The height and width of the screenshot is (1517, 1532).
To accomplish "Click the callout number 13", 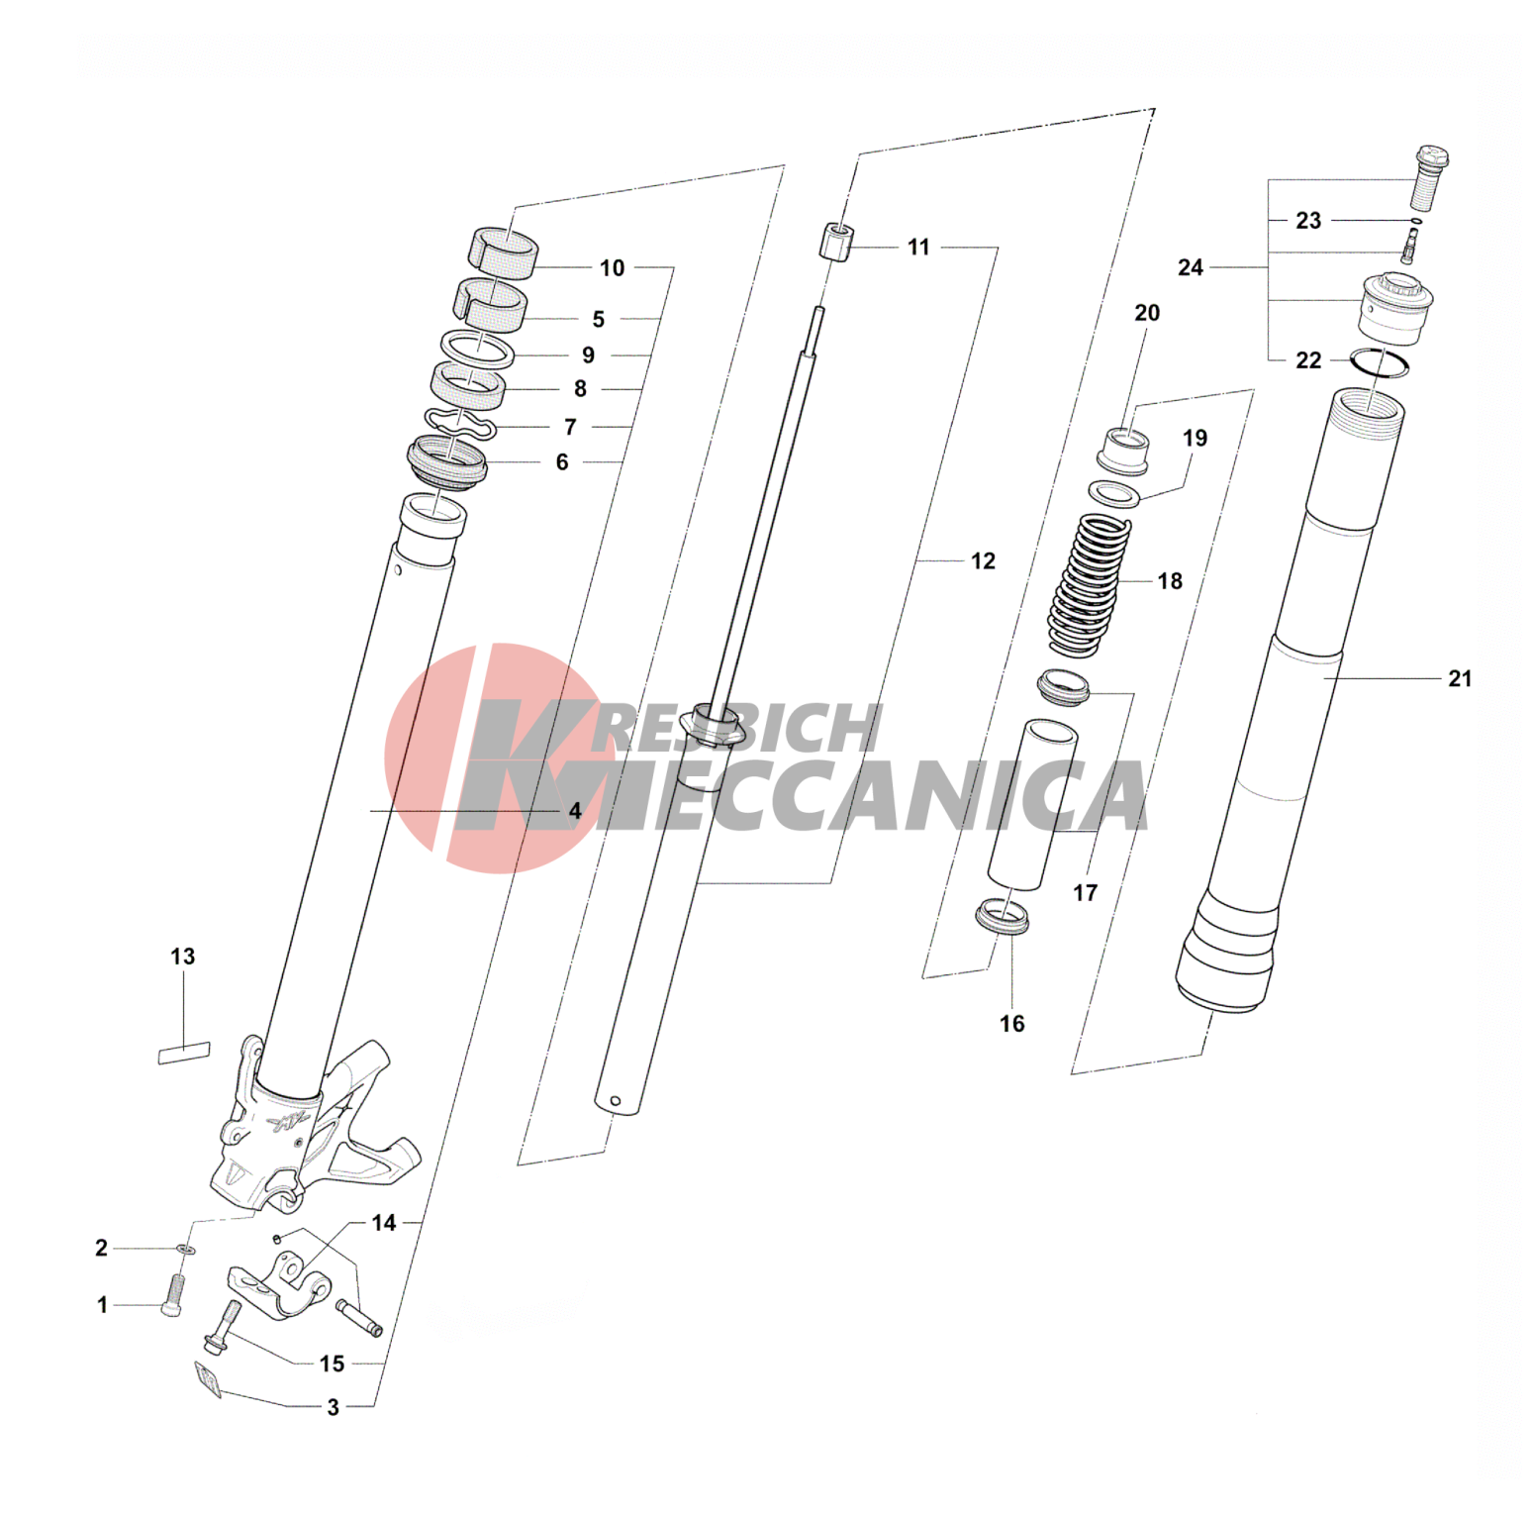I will tap(183, 957).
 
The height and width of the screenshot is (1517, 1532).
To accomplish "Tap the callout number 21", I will tap(1460, 679).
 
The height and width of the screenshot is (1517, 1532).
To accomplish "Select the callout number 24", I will tap(1191, 267).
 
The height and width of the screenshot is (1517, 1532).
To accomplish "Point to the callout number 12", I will tap(983, 561).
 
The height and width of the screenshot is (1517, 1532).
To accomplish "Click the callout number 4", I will tap(575, 811).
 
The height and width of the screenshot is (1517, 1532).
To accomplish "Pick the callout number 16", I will tap(1011, 1024).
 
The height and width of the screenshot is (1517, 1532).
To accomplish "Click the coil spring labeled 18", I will tap(1088, 584).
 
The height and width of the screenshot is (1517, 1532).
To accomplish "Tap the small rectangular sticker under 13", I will tap(184, 1052).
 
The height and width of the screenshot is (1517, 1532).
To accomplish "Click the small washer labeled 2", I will tap(185, 1249).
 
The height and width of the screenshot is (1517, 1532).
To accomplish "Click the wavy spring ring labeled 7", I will tap(460, 424).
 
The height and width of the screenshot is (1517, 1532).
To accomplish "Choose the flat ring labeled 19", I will tap(1114, 492).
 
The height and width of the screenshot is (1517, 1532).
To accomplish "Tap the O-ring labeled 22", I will tap(1380, 363).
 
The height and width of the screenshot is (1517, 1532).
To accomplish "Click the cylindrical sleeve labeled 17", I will tap(1030, 804).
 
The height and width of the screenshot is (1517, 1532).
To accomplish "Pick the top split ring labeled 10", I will tap(504, 250).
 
